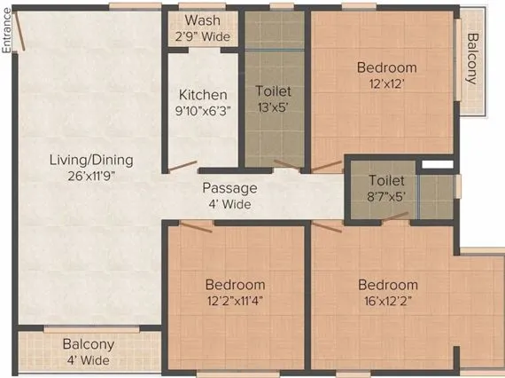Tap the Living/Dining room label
click(x=90, y=161)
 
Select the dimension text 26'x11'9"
click(x=90, y=176)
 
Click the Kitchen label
click(x=203, y=95)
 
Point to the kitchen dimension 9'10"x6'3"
click(x=203, y=111)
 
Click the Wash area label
click(x=203, y=20)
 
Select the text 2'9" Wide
click(x=203, y=36)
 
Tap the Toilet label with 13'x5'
click(x=273, y=91)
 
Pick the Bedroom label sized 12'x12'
click(x=386, y=67)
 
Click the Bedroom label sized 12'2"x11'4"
click(x=235, y=285)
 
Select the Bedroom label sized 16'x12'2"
click(x=387, y=285)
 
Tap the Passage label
click(x=229, y=188)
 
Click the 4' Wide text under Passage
click(x=229, y=204)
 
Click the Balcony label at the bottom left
click(x=88, y=344)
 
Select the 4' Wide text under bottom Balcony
click(x=88, y=360)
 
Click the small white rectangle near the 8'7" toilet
click(x=431, y=165)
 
